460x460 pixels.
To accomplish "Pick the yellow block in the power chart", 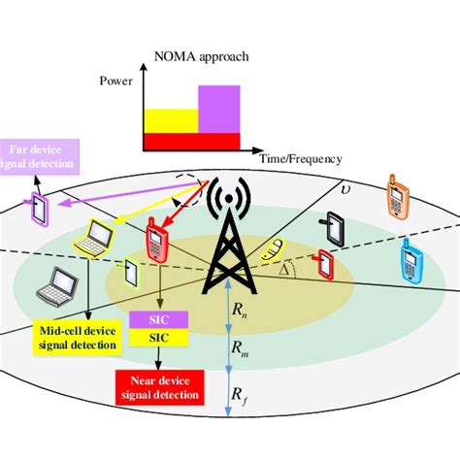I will (x=171, y=120).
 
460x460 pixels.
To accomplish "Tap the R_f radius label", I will (x=240, y=393).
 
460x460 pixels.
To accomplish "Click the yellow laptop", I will (x=99, y=236).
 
